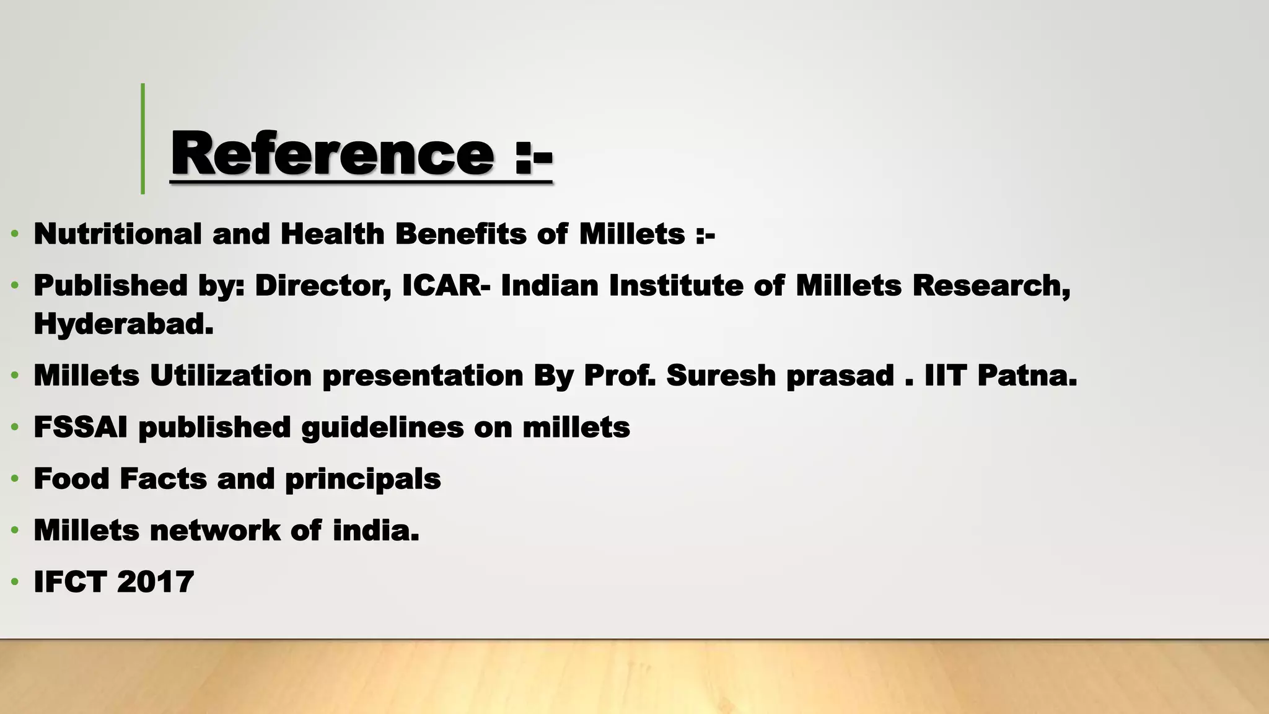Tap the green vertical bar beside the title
click(x=143, y=139)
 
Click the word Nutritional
click(x=118, y=234)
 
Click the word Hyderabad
click(x=123, y=324)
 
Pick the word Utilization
click(x=231, y=376)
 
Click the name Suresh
click(x=721, y=376)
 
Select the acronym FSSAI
click(x=81, y=428)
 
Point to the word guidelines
click(x=382, y=428)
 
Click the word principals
click(x=362, y=479)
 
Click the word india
click(x=375, y=531)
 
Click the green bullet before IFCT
click(x=14, y=583)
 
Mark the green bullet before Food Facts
click(x=14, y=480)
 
